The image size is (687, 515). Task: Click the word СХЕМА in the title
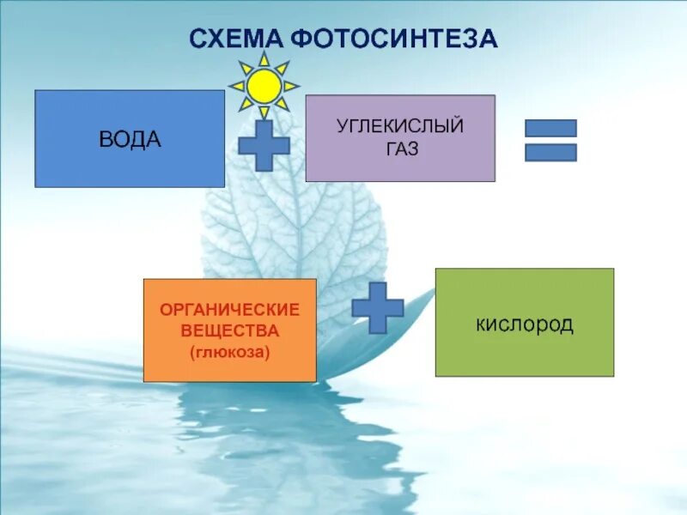236,39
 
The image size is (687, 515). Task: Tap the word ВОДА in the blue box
131,140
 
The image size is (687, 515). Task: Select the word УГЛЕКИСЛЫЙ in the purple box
400,127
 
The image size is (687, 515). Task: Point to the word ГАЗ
400,148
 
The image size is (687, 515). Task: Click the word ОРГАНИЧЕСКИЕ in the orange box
229,309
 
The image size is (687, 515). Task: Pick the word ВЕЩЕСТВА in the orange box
229,330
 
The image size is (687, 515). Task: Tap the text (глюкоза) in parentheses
229,350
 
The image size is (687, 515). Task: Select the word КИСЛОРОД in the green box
524,325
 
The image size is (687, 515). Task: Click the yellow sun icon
264,86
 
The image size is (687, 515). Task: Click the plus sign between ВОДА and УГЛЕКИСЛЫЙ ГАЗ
264,144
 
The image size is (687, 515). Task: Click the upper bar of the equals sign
550,128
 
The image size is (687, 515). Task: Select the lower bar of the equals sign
550,152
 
